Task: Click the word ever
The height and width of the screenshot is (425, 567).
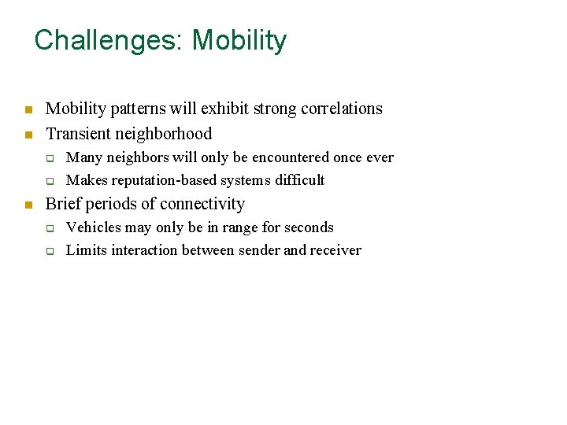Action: coord(380,157)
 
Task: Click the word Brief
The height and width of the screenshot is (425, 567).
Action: coord(64,204)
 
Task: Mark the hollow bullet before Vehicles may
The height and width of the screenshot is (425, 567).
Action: coord(49,229)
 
